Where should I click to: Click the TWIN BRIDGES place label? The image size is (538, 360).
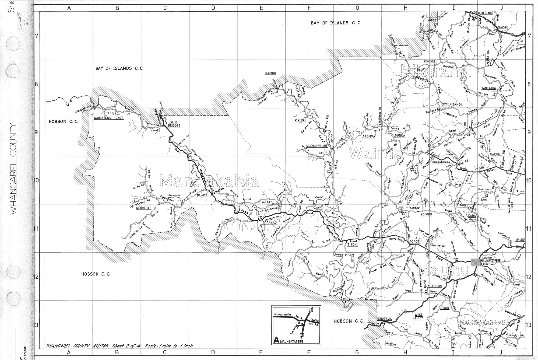click(x=174, y=124)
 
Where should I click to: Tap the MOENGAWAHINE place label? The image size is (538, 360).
click(x=316, y=146)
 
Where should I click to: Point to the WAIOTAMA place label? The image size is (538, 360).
click(x=384, y=319)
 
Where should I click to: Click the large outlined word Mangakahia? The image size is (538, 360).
click(x=210, y=180)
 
